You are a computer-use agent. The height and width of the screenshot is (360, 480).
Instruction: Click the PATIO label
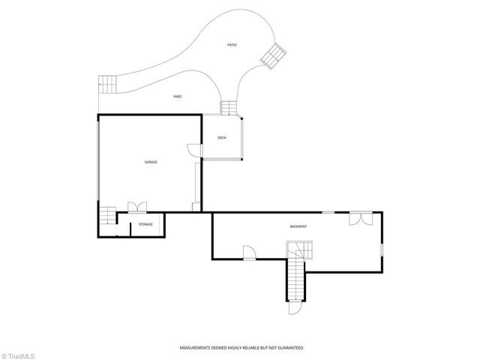coord(232,46)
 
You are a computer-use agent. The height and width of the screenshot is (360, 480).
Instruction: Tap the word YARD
coord(178,96)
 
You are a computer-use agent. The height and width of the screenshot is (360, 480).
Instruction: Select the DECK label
coord(222,137)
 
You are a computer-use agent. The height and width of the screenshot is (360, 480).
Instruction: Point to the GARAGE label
coord(151,162)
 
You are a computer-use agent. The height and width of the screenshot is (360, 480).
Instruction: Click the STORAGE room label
coord(145,224)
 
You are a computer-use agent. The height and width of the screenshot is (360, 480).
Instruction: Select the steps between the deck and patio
coord(229,107)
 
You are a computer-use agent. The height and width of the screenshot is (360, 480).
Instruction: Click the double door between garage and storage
coord(137,208)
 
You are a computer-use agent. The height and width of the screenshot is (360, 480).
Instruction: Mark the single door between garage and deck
coord(195,149)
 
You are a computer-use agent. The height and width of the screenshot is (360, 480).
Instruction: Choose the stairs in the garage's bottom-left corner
coord(109,216)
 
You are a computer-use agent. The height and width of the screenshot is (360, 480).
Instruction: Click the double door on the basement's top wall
coord(359,218)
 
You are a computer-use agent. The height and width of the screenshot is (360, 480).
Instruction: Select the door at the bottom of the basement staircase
coord(295,307)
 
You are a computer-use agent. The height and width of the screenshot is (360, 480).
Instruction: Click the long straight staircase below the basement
coord(295,279)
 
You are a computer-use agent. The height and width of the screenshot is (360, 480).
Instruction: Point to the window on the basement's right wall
coord(382,248)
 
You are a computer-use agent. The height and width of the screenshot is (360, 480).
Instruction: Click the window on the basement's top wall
coord(328,213)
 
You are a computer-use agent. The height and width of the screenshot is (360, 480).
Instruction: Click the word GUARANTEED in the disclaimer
coord(288,347)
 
